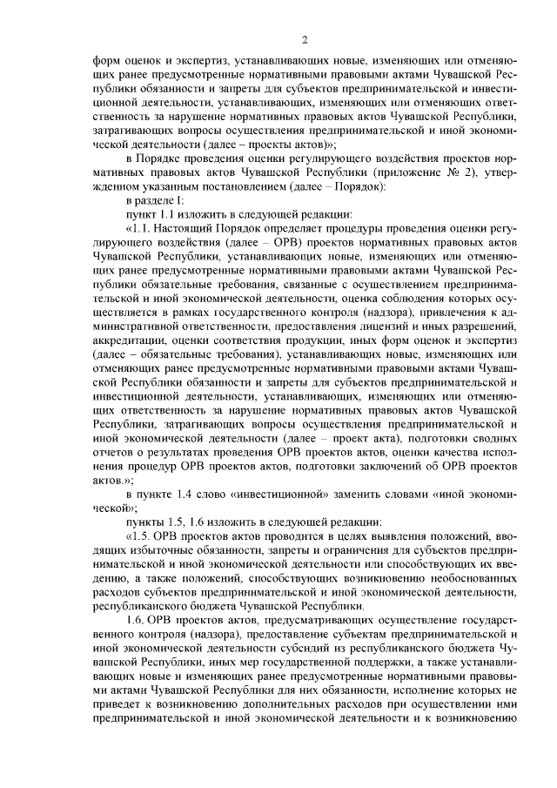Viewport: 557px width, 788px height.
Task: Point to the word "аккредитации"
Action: (127, 337)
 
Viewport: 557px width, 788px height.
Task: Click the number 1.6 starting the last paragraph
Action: (138, 617)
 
